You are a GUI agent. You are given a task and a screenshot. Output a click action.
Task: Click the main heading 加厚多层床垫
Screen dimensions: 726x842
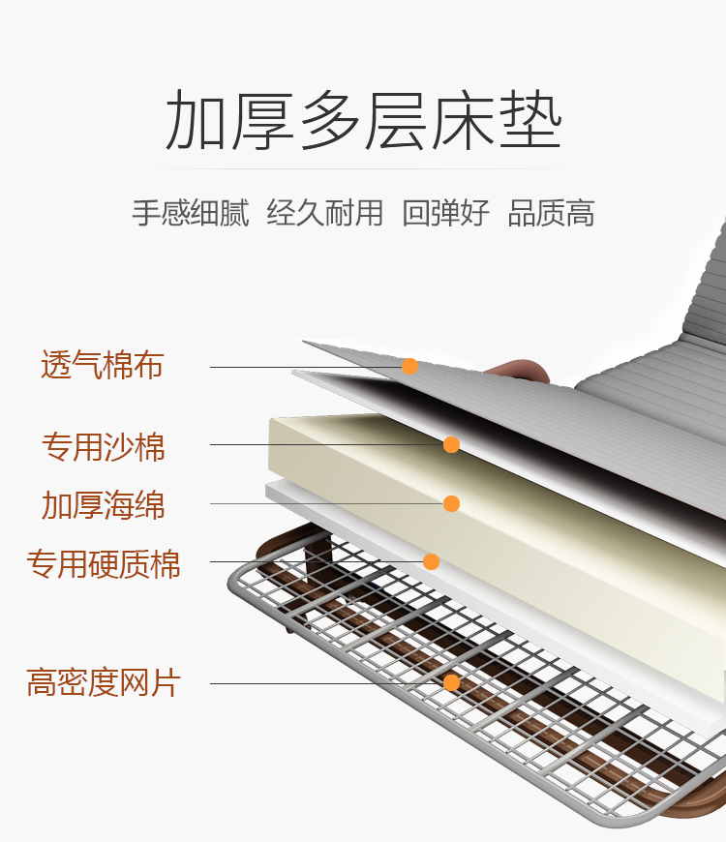point(364,120)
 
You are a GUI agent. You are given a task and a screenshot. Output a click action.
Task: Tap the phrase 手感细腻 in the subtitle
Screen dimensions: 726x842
point(191,213)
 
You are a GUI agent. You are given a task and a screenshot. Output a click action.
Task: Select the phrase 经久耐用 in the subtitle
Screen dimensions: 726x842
point(325,213)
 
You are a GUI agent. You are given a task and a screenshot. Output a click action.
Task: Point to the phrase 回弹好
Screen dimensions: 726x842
point(445,213)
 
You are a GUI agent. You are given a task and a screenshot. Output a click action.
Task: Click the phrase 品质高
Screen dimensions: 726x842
point(551,213)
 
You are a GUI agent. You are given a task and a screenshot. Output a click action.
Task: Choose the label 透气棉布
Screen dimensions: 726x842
point(102,365)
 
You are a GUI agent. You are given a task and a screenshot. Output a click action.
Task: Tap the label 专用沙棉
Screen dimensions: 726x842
point(104,447)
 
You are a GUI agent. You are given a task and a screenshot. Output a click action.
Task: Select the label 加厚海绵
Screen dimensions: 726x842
point(104,505)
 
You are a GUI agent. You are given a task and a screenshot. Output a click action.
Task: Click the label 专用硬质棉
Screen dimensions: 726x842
point(104,564)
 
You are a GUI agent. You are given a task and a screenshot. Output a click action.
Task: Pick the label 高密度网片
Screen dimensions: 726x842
point(104,682)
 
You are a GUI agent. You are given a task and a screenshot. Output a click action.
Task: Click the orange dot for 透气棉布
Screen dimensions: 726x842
point(409,367)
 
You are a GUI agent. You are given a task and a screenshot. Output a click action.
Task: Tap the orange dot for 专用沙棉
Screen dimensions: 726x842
point(452,444)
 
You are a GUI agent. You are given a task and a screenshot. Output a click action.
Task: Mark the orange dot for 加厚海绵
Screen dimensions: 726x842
point(452,503)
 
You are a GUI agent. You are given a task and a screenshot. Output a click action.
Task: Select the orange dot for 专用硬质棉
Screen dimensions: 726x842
point(431,561)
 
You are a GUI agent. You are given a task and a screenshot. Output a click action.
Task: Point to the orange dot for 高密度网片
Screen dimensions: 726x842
point(452,683)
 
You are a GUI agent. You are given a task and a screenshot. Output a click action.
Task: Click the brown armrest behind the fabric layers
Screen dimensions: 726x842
point(518,371)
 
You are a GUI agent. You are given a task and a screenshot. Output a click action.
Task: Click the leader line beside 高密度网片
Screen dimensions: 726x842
point(327,683)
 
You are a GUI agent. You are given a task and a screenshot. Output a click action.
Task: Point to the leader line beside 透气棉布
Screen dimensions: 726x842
point(306,368)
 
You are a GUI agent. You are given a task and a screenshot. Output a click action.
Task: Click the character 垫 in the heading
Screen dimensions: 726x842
point(530,120)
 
